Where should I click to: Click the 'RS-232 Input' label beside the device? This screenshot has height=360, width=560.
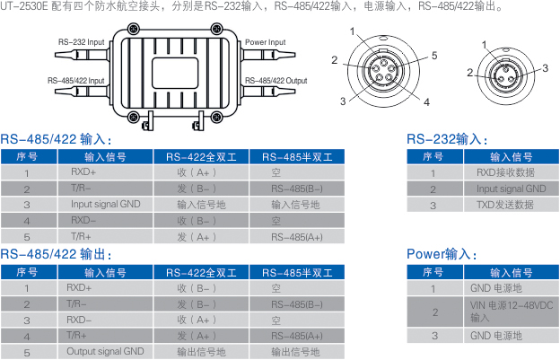click(80, 42)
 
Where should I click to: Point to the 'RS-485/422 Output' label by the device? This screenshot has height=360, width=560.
click(276, 81)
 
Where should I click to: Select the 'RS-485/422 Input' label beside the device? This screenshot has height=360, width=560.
click(75, 81)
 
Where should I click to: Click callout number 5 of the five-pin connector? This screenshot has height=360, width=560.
click(433, 56)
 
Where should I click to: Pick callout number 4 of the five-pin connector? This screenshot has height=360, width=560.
click(425, 101)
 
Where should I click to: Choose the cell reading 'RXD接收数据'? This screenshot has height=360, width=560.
click(505, 172)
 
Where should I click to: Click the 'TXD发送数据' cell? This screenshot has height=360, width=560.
click(505, 205)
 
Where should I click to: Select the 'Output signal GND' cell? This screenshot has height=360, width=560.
click(105, 352)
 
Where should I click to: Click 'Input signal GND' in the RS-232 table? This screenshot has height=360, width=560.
click(511, 189)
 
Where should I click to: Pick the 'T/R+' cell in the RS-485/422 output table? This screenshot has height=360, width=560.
click(76, 336)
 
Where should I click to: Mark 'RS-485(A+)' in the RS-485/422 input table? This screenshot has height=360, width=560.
click(296, 237)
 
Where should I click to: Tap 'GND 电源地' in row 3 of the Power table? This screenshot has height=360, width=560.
click(496, 336)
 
